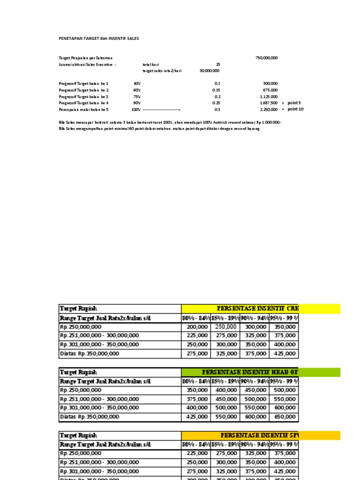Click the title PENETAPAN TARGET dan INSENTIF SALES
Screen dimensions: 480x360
pos(98,38)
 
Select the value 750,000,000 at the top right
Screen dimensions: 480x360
pos(266,58)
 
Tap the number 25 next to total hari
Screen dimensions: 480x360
pos(217,64)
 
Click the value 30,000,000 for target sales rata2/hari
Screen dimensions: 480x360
pos(209,71)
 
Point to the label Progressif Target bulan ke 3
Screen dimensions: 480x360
pos(83,97)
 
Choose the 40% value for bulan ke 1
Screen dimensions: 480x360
pos(137,83)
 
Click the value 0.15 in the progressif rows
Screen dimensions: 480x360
pos(216,90)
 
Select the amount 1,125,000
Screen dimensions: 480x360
pos(269,97)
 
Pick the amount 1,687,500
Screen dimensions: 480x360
pos(269,103)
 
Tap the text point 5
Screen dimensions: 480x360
pos(295,103)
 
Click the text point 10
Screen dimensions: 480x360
pos(296,109)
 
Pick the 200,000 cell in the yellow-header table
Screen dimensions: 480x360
pos(197,327)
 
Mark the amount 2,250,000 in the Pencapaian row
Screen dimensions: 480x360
pos(269,109)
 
